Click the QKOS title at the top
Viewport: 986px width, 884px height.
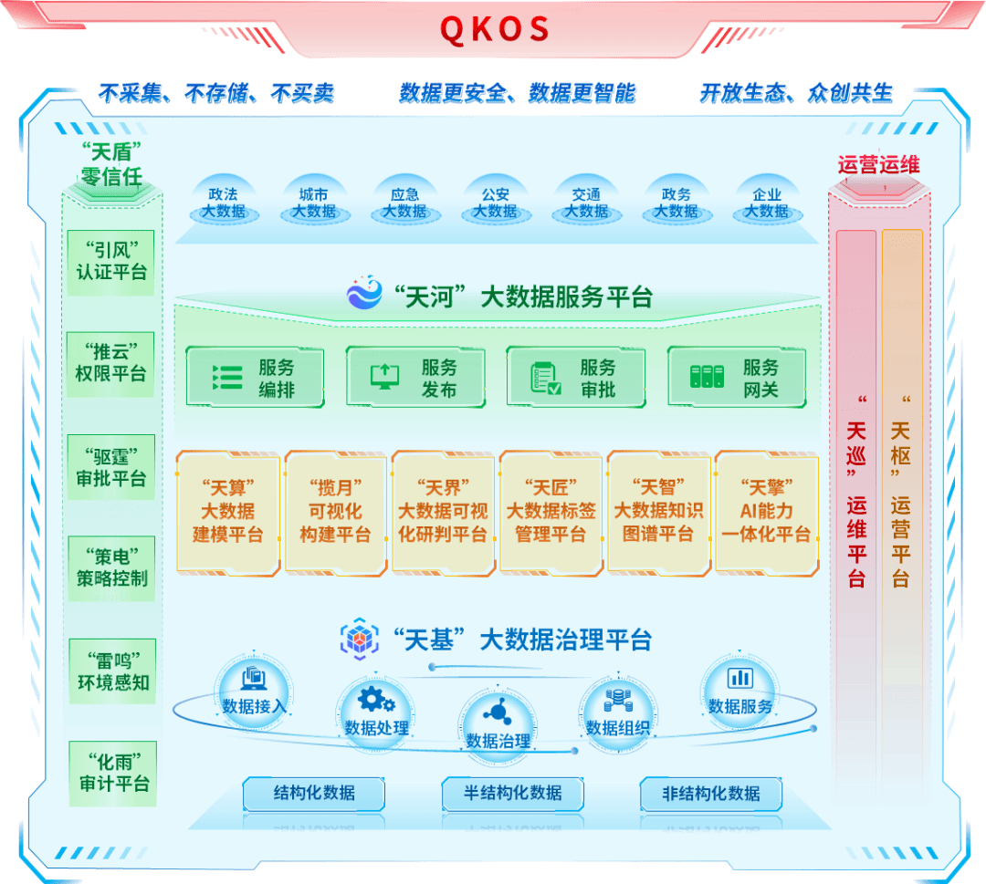(495, 28)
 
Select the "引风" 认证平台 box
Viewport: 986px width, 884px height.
(111, 261)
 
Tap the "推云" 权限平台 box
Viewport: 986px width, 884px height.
(111, 363)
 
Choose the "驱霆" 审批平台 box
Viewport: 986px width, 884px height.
(111, 467)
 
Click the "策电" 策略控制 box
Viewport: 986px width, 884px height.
(111, 567)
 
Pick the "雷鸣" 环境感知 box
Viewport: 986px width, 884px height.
(111, 671)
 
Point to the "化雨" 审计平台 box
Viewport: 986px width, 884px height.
(111, 773)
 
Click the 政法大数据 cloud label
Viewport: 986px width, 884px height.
(223, 203)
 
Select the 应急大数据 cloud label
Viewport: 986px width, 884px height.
(404, 203)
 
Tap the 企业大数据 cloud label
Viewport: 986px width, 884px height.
(766, 203)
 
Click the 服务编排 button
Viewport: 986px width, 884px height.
(255, 378)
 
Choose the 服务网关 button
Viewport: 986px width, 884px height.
(737, 378)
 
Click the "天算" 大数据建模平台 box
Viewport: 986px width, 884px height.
(227, 511)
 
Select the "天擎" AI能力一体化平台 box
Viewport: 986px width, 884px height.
(765, 511)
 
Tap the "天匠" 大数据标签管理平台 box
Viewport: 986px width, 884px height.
(551, 511)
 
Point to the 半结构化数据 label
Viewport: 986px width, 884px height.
(513, 793)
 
